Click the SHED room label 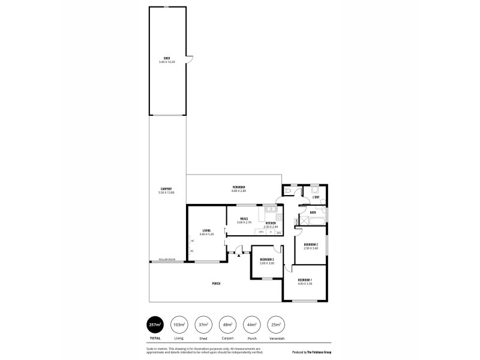tap(167, 58)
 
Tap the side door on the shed tap(188, 58)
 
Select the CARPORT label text tap(166, 189)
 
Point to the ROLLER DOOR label tap(167, 259)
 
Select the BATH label tap(313, 212)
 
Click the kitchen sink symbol tap(270, 209)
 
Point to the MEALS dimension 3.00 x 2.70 tap(244, 222)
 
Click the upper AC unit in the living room tap(192, 241)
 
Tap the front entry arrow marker tap(239, 256)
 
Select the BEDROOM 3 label tap(266, 259)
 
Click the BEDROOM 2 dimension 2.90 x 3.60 tap(310, 248)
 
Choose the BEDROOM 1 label tap(305, 280)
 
